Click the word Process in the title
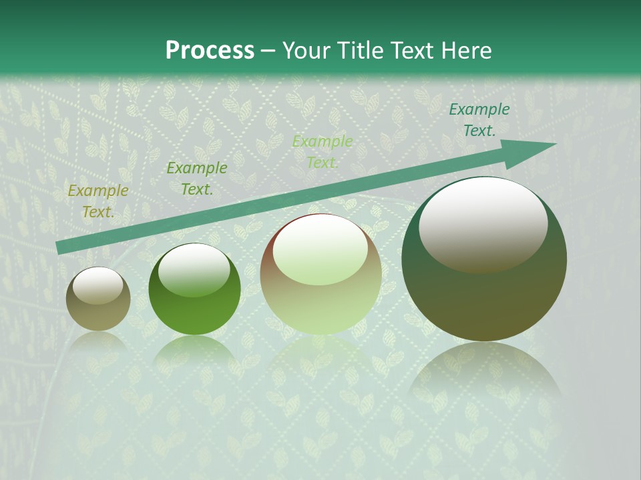210,51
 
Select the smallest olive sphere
98,299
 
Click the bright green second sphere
194,289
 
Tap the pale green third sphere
320,275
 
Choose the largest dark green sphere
484,259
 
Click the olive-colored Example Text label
98,201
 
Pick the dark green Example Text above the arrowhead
479,120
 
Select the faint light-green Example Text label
323,151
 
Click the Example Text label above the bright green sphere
197,179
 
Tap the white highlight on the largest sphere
483,223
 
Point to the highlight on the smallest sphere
98,285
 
